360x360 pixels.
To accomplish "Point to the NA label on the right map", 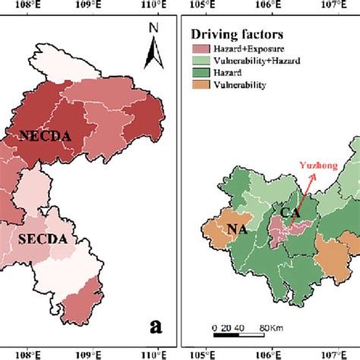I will [x=227, y=226].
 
